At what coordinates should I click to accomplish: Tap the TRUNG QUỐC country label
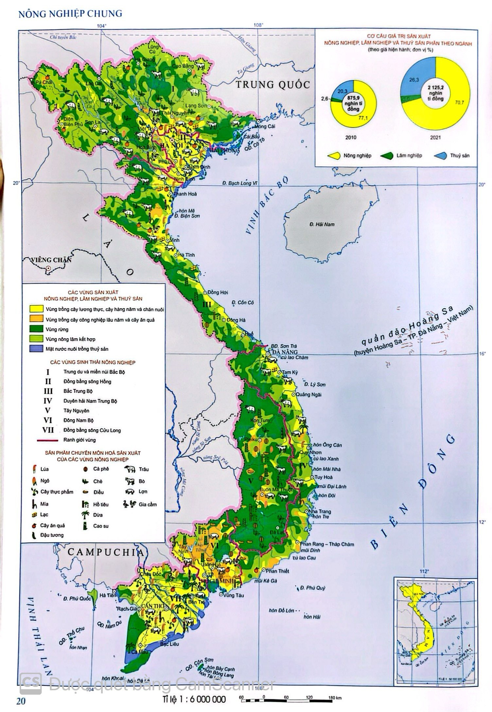(273, 85)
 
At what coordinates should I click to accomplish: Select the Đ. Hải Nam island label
(322, 224)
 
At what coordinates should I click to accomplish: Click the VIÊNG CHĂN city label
(46, 260)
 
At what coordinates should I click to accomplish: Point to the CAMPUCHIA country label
(106, 552)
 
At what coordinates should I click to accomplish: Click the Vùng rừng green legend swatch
(36, 329)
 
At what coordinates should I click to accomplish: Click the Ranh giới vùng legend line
(47, 440)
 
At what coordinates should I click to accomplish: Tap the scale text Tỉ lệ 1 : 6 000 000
(194, 700)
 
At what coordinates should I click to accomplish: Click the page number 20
(20, 701)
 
